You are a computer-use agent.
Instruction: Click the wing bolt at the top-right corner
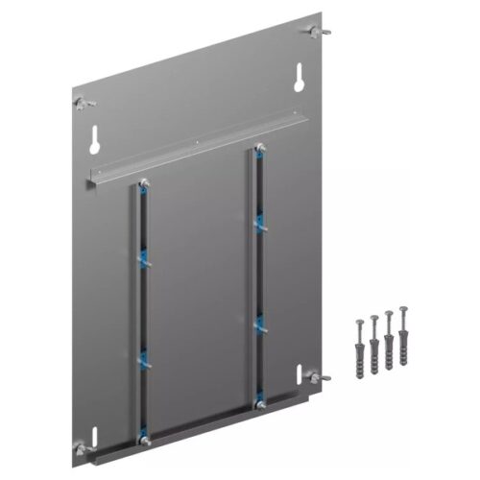pyautogui.click(x=314, y=33)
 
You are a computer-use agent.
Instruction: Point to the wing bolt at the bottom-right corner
pyautogui.click(x=322, y=377)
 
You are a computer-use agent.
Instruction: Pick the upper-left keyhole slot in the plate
pyautogui.click(x=97, y=140)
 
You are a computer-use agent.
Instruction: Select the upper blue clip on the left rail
pyautogui.click(x=144, y=256)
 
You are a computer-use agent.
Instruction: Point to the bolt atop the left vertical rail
pyautogui.click(x=143, y=184)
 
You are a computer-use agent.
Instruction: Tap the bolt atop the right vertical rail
pyautogui.click(x=257, y=150)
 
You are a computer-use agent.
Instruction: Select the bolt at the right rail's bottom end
pyautogui.click(x=258, y=406)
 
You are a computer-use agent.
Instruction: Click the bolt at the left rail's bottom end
pyautogui.click(x=144, y=441)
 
